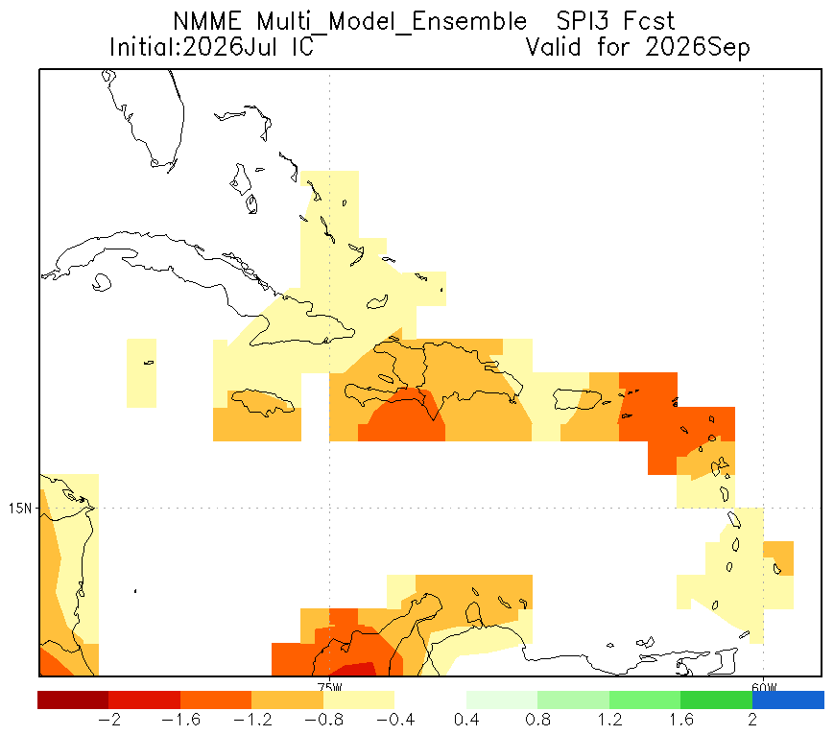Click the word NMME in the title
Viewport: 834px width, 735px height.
[207, 22]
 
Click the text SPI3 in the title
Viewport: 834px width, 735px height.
[583, 22]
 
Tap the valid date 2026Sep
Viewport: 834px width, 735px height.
[698, 48]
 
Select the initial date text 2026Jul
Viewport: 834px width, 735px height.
[229, 47]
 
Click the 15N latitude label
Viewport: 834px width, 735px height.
[20, 509]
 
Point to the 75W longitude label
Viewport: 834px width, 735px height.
[330, 686]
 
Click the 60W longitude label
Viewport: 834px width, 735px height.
[764, 686]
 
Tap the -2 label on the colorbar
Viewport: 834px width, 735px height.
[109, 720]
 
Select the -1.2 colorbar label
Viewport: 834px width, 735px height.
[252, 720]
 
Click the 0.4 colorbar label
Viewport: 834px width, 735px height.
[466, 720]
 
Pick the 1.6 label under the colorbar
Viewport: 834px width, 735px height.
[680, 720]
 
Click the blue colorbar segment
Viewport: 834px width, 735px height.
[788, 699]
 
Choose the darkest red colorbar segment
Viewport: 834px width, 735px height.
[73, 699]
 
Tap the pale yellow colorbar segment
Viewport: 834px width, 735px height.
[359, 699]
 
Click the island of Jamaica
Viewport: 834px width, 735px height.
[262, 401]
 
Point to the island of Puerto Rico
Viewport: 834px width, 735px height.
[578, 399]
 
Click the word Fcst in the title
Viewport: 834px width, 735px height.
[649, 22]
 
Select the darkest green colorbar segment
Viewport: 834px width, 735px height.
[716, 699]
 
